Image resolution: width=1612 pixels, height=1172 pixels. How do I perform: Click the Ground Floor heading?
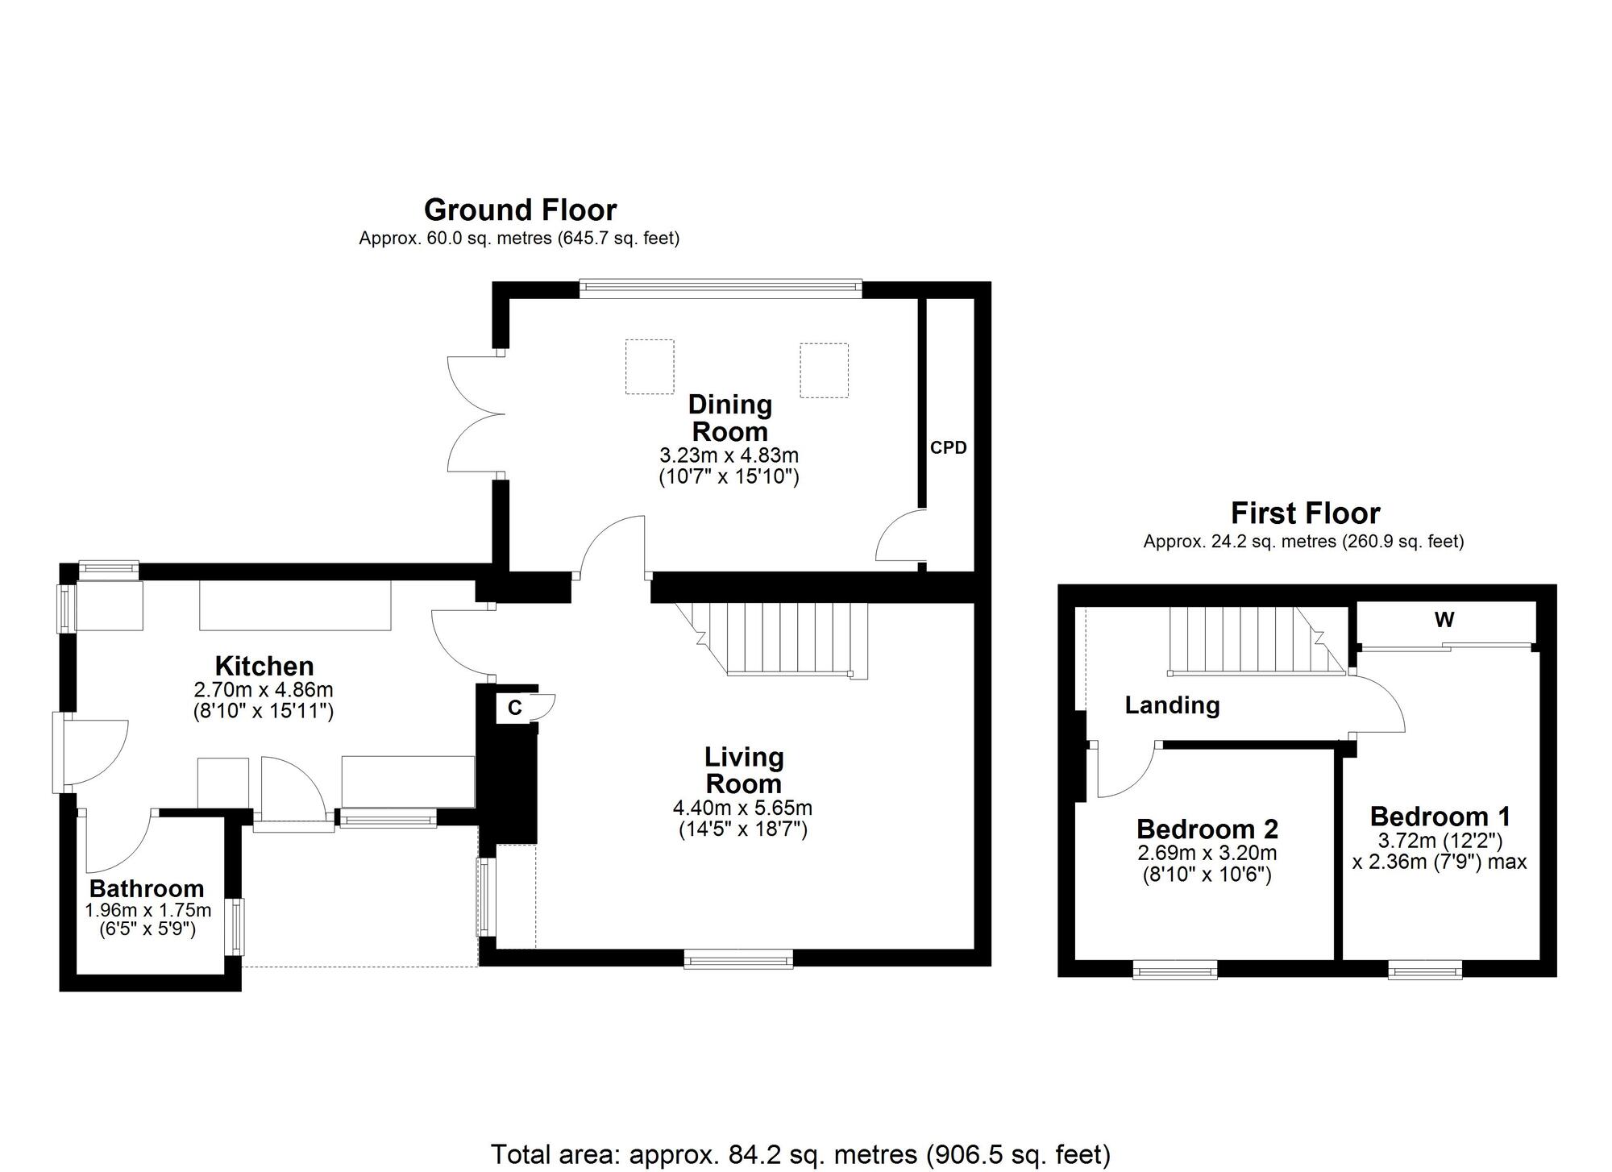point(520,210)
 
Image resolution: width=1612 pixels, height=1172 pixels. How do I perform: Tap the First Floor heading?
point(1305,513)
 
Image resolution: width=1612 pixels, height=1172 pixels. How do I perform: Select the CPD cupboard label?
point(948,448)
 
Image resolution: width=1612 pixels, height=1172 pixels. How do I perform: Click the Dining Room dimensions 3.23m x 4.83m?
point(729,456)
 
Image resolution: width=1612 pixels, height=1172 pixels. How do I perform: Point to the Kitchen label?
point(264,666)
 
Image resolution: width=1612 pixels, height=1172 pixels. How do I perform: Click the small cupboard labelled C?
point(515,708)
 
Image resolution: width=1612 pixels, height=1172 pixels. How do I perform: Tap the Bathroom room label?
point(147,888)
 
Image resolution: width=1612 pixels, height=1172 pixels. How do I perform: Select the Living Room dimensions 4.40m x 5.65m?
point(742,808)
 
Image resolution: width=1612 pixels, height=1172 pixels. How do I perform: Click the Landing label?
point(1172,705)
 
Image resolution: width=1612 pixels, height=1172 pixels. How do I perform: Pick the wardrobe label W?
point(1444,620)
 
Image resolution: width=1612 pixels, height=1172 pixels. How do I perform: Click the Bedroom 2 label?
point(1207,829)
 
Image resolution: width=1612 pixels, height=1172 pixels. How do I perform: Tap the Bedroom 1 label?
point(1440,816)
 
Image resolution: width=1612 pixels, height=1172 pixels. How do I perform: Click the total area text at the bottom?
point(800,1154)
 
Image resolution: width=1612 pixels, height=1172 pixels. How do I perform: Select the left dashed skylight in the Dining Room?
point(650,367)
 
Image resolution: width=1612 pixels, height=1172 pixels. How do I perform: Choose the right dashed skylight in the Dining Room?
point(824,370)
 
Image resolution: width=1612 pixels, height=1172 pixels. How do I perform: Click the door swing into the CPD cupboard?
point(899,538)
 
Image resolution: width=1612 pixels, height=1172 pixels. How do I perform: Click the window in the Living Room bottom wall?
point(738,958)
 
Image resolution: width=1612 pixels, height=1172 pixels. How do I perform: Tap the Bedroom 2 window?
point(1174,970)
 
